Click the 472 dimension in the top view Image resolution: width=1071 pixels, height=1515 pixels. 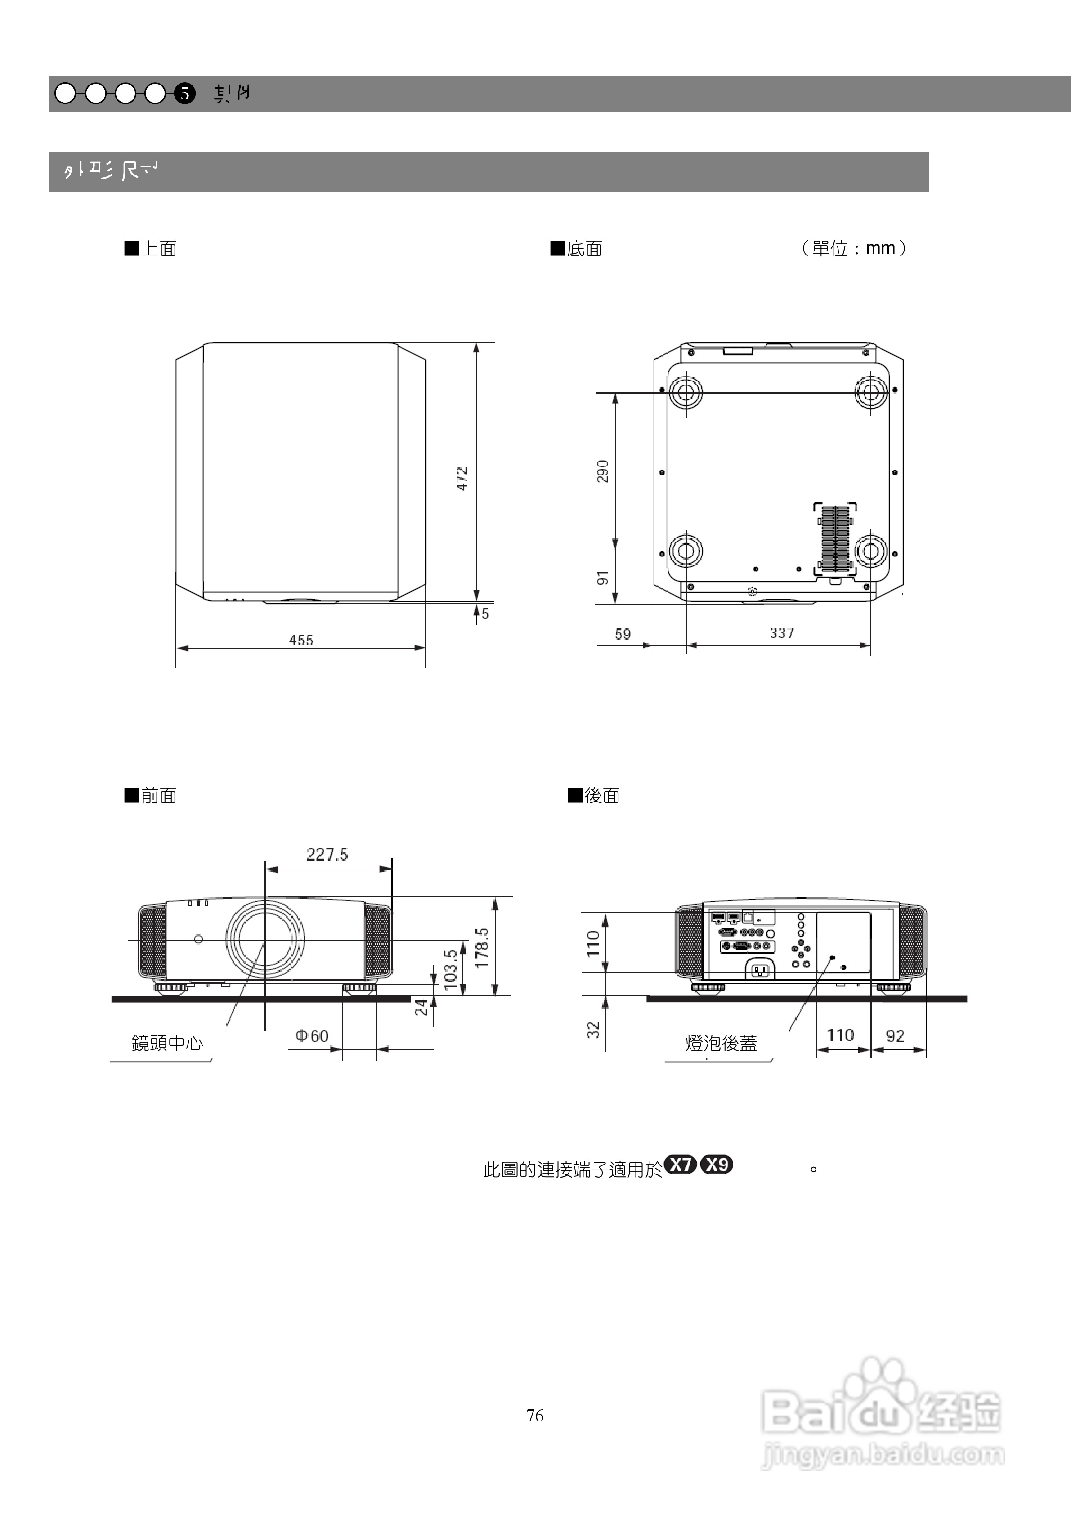click(x=462, y=479)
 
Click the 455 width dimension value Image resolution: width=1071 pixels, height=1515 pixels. click(x=301, y=640)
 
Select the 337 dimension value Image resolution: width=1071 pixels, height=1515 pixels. click(x=782, y=633)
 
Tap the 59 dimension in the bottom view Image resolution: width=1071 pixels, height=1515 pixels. click(x=622, y=634)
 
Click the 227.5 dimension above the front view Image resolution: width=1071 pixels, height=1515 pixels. click(x=327, y=855)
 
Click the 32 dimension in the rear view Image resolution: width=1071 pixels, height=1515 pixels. click(x=593, y=1029)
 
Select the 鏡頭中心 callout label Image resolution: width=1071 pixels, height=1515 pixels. click(x=167, y=1043)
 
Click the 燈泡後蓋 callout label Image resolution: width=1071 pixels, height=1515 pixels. click(x=721, y=1043)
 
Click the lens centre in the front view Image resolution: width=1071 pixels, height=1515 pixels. click(x=265, y=940)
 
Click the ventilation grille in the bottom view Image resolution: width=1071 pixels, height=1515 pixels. click(x=835, y=538)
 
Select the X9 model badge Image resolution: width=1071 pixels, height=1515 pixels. click(x=716, y=1165)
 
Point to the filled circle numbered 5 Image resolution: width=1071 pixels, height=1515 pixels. click(x=185, y=94)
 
